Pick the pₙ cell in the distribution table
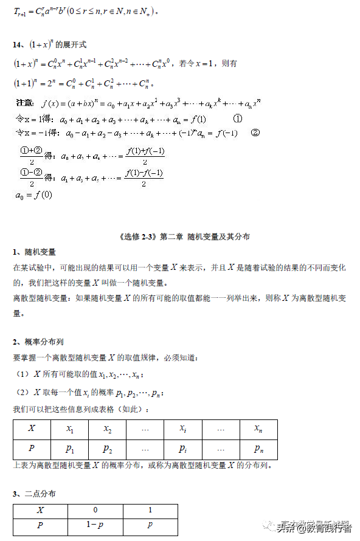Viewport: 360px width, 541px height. (258, 449)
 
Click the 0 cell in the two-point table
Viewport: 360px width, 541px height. (95, 510)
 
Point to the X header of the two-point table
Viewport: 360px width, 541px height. (40, 510)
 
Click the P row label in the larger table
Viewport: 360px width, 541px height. (32, 449)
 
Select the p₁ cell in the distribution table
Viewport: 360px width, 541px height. (70, 449)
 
